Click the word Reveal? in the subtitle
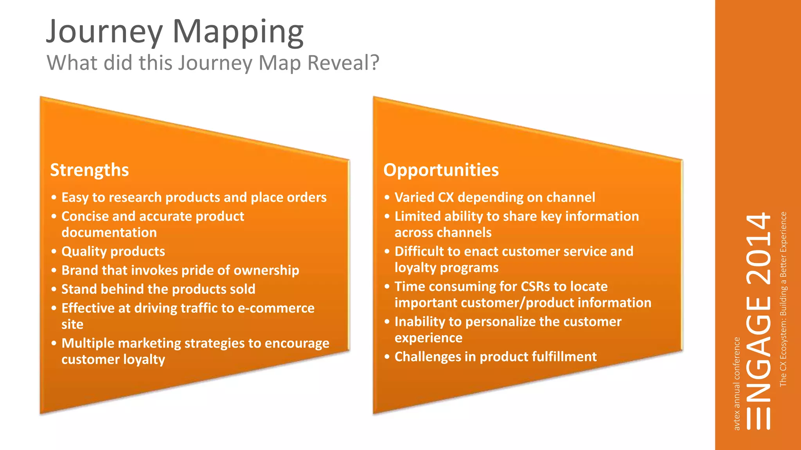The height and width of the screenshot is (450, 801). click(x=343, y=63)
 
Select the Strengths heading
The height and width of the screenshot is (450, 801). click(x=90, y=170)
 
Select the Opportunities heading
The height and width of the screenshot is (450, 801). click(x=441, y=170)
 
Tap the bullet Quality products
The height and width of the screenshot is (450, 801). click(x=113, y=251)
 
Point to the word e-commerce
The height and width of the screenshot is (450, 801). click(x=276, y=308)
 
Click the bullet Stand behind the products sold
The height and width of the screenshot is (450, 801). click(x=158, y=289)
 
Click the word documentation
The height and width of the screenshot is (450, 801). click(x=109, y=233)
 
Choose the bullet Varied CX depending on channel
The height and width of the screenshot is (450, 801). click(x=494, y=197)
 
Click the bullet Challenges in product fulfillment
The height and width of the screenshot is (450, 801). click(x=495, y=357)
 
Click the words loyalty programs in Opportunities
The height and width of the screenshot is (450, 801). click(x=446, y=268)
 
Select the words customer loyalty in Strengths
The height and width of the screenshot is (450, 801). click(x=113, y=359)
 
